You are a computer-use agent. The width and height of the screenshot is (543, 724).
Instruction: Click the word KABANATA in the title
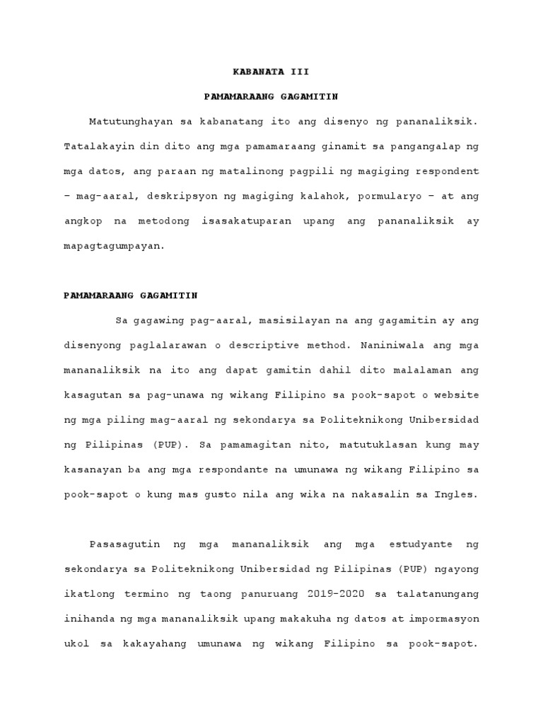pyautogui.click(x=258, y=72)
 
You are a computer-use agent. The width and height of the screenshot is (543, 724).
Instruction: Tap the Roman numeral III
pyautogui.click(x=299, y=72)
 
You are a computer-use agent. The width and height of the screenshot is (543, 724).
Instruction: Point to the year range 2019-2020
pyautogui.click(x=338, y=593)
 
